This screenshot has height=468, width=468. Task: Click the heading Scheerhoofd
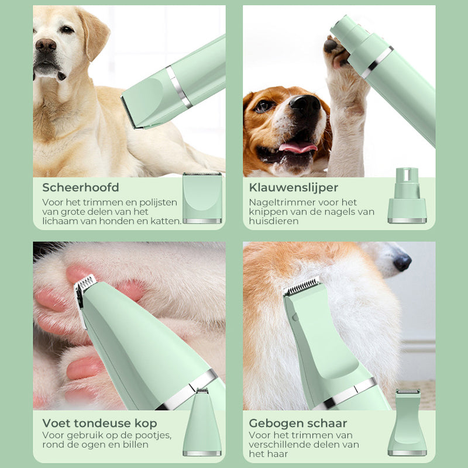coord(81,188)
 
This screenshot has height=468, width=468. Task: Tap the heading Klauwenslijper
coord(294,188)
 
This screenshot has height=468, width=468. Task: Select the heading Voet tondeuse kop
coord(99,423)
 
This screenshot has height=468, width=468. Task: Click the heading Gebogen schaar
coord(298,423)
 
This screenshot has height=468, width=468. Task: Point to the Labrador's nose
coord(46,44)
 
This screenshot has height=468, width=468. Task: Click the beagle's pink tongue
coord(298,147)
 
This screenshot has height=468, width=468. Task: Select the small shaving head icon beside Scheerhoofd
coord(202,198)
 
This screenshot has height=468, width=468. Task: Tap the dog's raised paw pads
coord(335,50)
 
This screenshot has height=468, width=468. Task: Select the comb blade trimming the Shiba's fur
coord(302,286)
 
